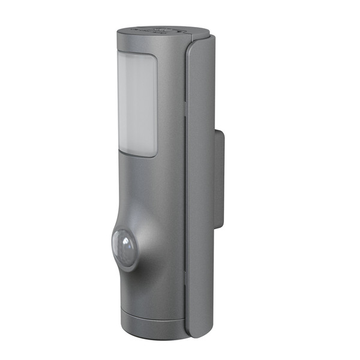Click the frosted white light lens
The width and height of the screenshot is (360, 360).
(x=137, y=105)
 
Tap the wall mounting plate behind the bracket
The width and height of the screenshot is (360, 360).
(x=219, y=180)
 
